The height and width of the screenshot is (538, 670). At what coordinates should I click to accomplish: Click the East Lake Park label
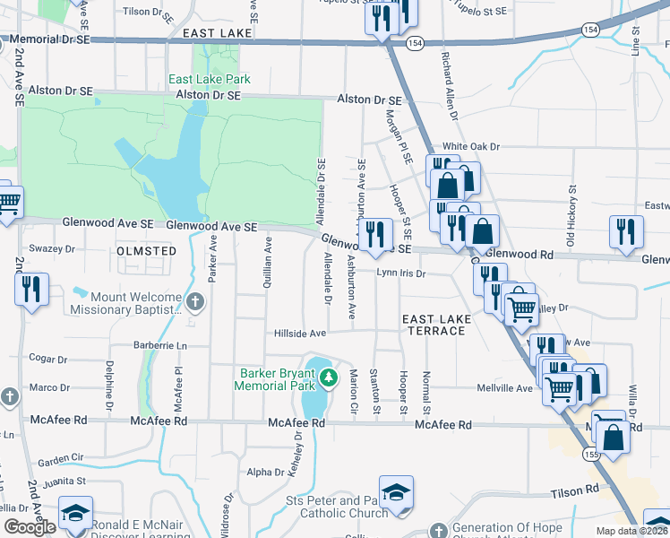tap(210, 79)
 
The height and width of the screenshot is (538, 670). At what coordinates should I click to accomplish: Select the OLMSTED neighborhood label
tap(146, 252)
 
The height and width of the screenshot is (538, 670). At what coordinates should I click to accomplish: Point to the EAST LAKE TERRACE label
tap(434, 325)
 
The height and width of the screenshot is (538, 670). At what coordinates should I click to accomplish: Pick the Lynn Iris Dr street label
tap(400, 273)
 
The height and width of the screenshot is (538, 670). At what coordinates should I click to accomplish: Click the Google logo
tap(30, 527)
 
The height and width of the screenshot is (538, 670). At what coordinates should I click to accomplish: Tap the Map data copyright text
tap(631, 531)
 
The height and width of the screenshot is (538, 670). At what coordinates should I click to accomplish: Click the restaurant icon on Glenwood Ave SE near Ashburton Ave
tap(375, 235)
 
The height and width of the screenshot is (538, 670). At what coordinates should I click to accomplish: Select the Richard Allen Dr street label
tap(449, 86)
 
